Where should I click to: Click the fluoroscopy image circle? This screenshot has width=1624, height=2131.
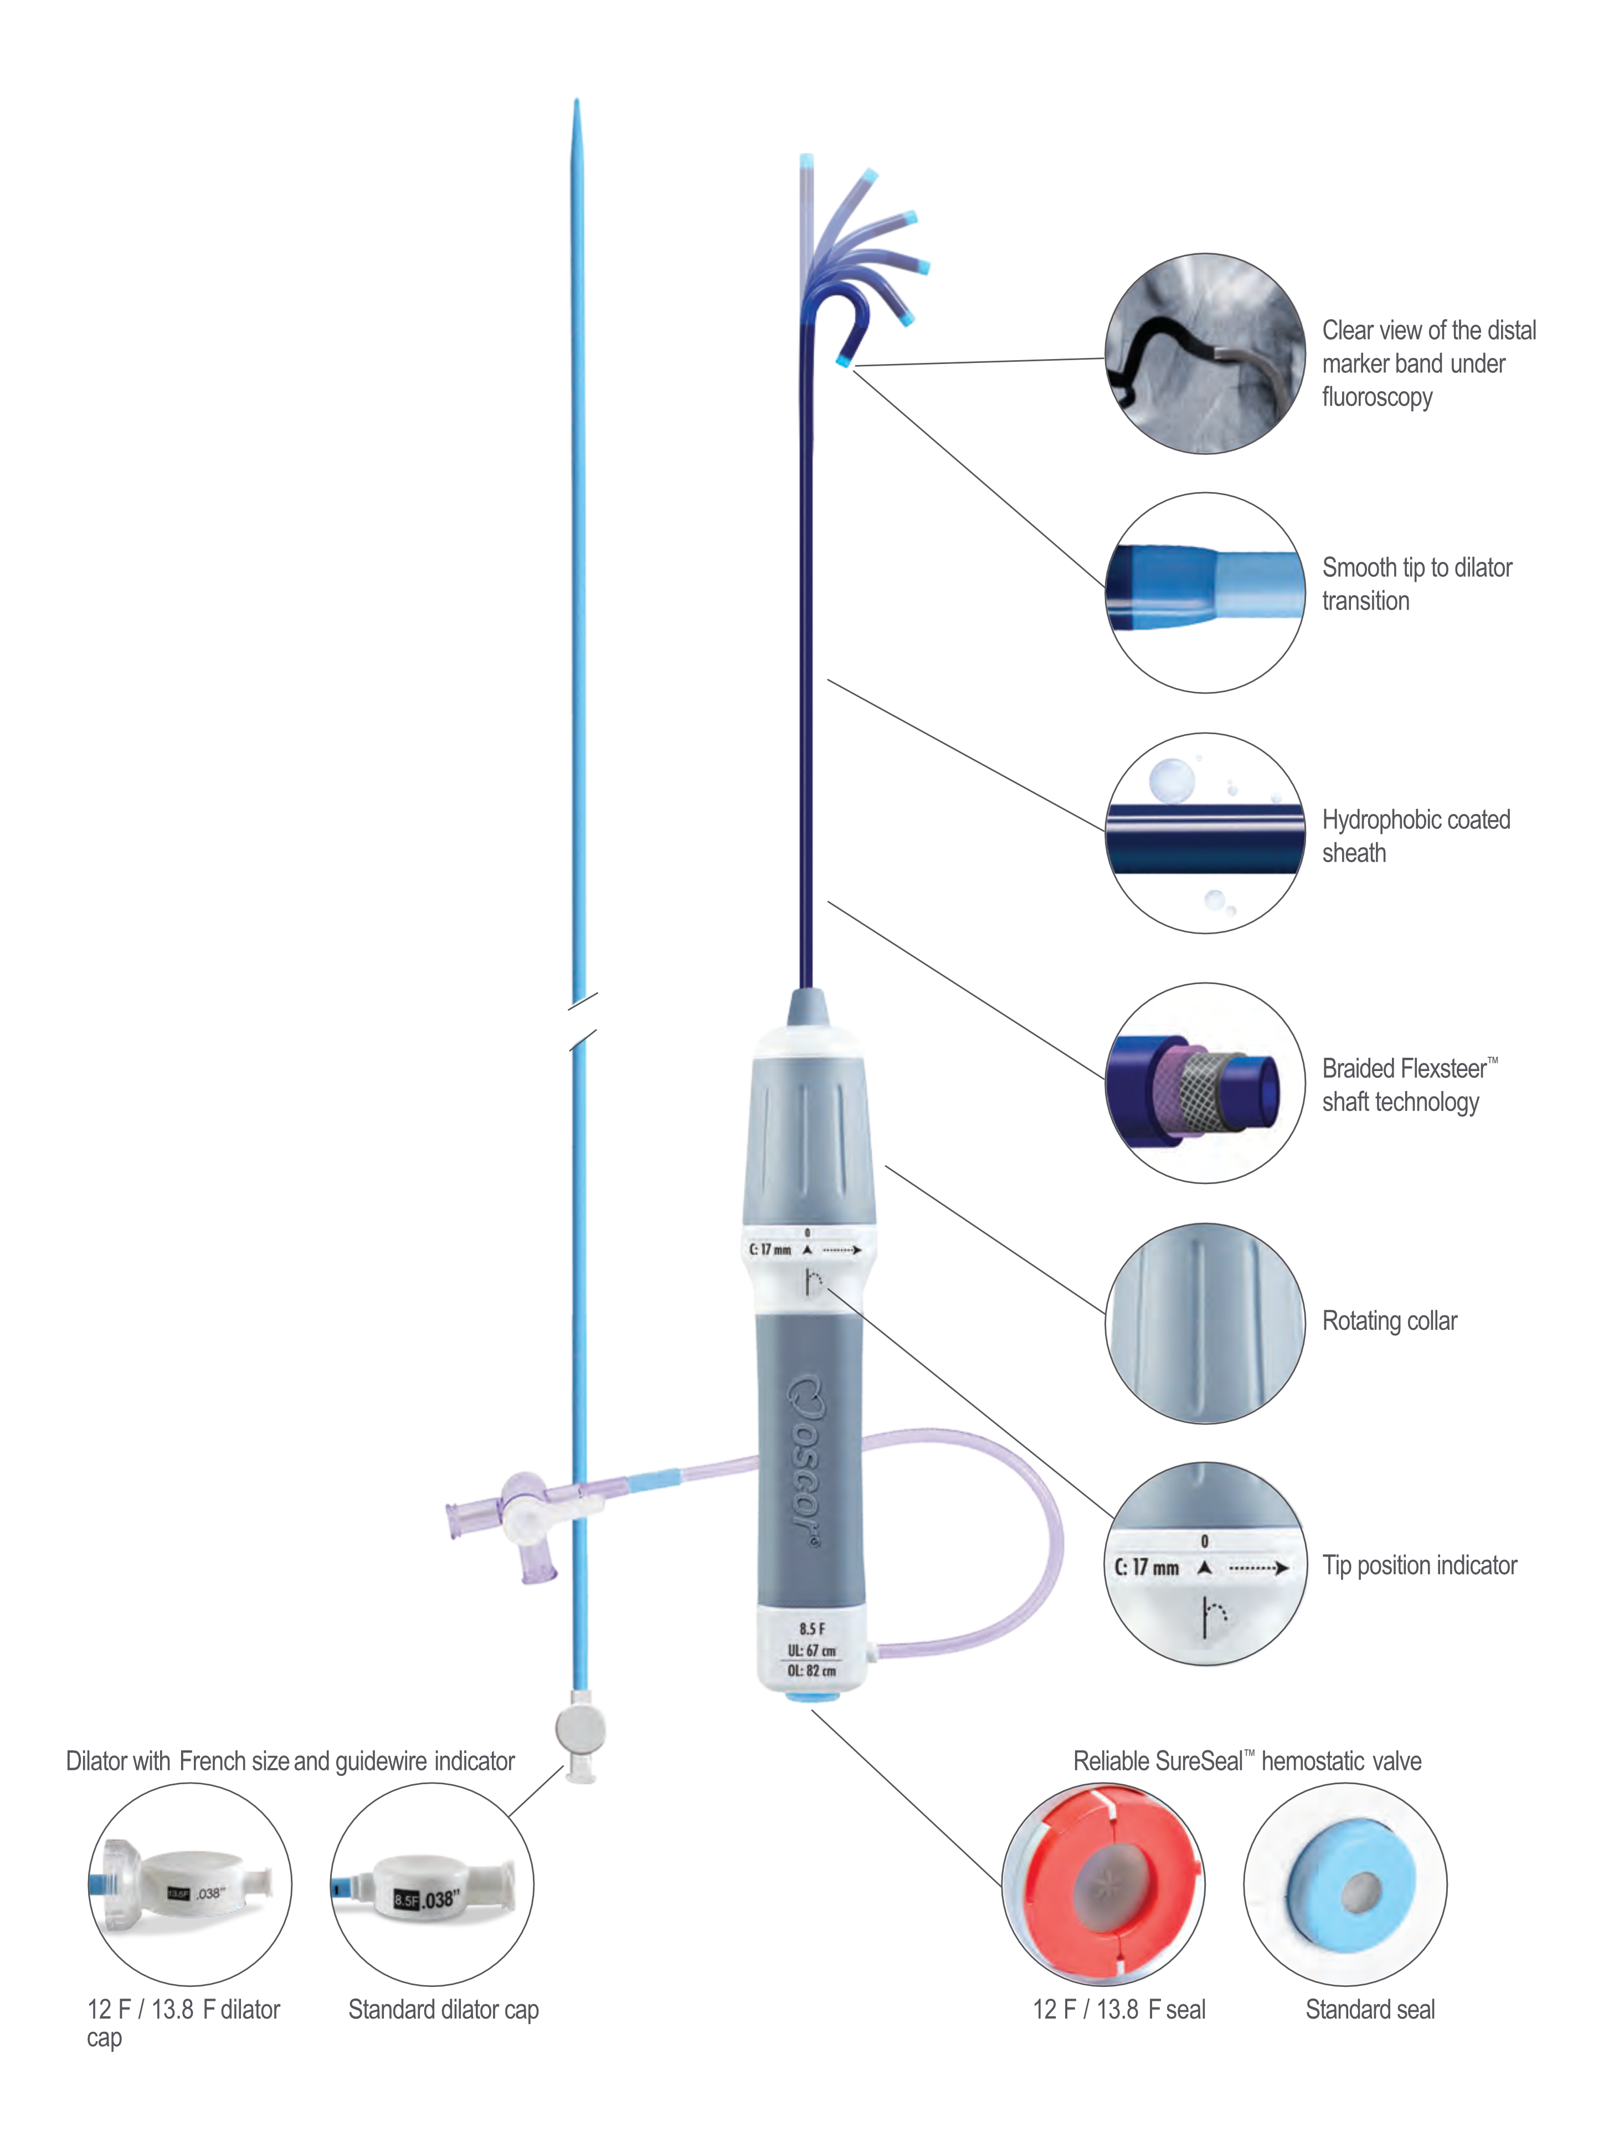pos(1205,354)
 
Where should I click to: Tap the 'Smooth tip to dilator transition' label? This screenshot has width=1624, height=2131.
pos(1416,584)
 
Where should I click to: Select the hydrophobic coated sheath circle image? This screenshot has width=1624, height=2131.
pos(1205,833)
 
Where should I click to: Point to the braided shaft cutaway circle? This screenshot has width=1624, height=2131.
pos(1205,1083)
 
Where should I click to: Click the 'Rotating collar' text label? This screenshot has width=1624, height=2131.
pos(1389,1321)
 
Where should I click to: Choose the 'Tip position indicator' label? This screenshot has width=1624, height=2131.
pos(1419,1565)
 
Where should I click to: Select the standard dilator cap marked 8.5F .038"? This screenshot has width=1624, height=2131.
pos(430,1886)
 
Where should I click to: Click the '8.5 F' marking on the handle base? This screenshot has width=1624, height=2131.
pos(812,1628)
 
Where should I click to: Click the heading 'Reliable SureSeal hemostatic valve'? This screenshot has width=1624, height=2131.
pos(1247,1761)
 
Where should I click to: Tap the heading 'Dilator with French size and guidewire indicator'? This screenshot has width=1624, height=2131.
pos(290,1761)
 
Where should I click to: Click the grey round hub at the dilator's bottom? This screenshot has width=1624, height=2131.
pos(580,1729)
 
